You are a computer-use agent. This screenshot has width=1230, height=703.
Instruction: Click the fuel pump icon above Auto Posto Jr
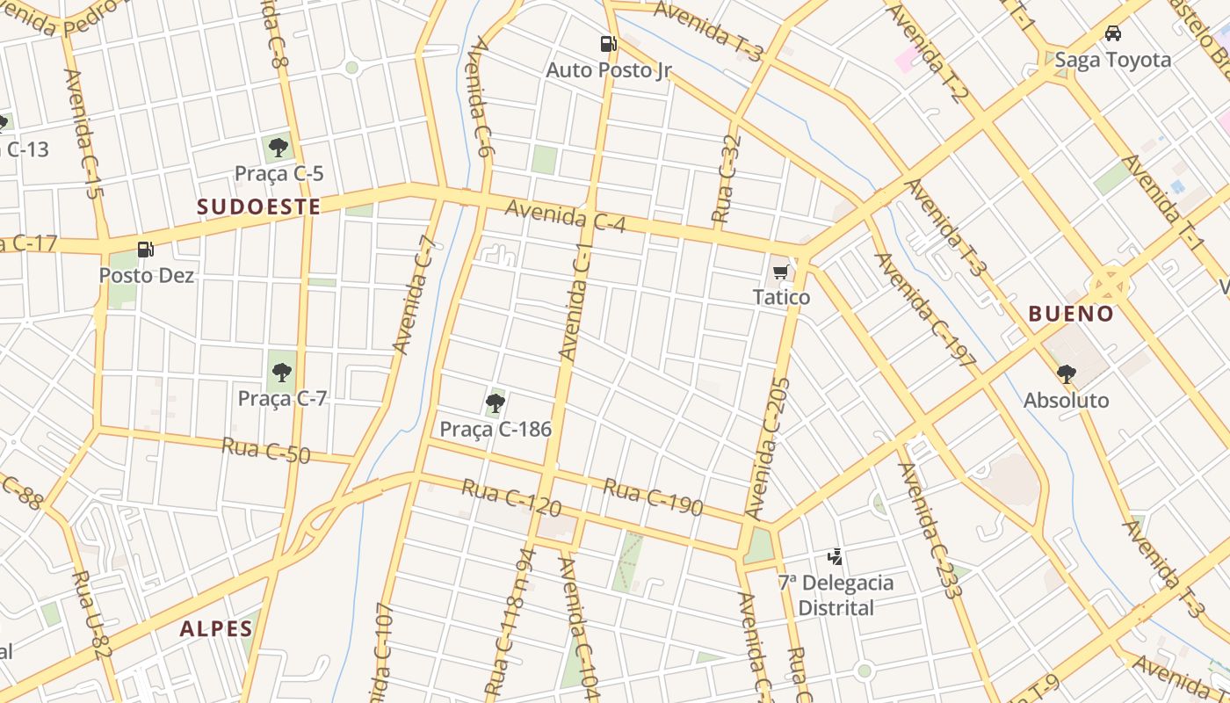pyautogui.click(x=608, y=43)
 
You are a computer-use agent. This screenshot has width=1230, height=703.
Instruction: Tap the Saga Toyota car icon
pyautogui.click(x=1113, y=33)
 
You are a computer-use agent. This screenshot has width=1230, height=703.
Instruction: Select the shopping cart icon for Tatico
pyautogui.click(x=780, y=272)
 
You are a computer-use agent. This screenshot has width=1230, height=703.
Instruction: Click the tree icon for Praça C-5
pyautogui.click(x=279, y=147)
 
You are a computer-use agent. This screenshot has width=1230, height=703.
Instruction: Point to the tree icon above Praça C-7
pyautogui.click(x=281, y=373)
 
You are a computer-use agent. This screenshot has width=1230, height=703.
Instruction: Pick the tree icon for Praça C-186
pyautogui.click(x=496, y=403)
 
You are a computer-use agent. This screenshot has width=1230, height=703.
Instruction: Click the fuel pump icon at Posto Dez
pyautogui.click(x=146, y=250)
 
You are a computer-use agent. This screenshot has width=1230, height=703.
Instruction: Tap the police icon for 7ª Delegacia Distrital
pyautogui.click(x=836, y=556)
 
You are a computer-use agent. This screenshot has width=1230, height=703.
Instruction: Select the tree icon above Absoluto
pyautogui.click(x=1066, y=374)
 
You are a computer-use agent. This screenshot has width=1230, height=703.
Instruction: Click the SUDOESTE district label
pyautogui.click(x=258, y=207)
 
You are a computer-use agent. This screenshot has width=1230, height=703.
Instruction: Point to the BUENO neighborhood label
pyautogui.click(x=1071, y=314)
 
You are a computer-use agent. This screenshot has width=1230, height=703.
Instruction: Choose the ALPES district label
pyautogui.click(x=216, y=628)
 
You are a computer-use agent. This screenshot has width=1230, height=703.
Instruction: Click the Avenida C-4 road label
pyautogui.click(x=565, y=216)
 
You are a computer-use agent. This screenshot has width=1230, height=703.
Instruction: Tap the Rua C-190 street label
pyautogui.click(x=653, y=496)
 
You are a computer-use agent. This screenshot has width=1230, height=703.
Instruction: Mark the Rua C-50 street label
pyautogui.click(x=266, y=451)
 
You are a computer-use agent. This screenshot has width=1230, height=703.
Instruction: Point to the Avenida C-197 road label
pyautogui.click(x=925, y=309)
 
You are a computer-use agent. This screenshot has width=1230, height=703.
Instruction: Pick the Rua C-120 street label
pyautogui.click(x=510, y=497)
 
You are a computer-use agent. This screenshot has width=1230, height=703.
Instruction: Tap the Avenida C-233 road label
pyautogui.click(x=930, y=530)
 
